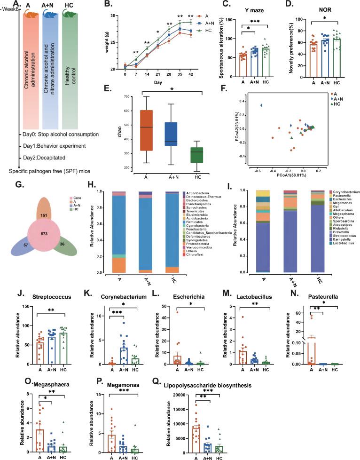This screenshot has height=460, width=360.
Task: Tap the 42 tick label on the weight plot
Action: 190,74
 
